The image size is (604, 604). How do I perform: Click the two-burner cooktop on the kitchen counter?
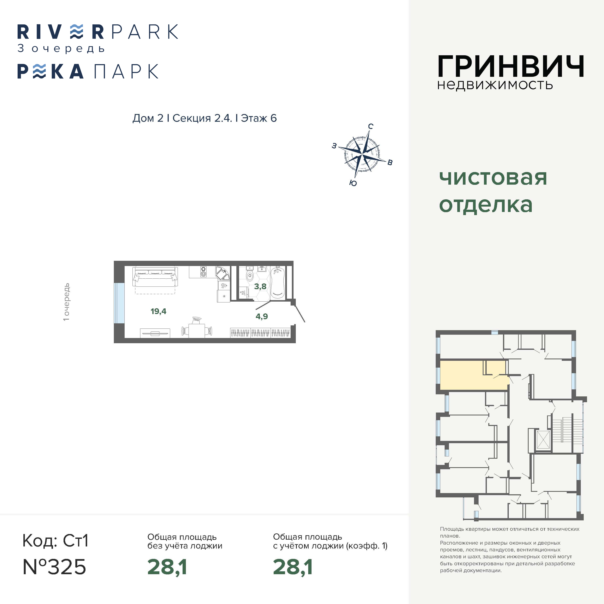[203, 271]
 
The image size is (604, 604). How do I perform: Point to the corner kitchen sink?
[222, 273]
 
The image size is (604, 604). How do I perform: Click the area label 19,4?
[159, 311]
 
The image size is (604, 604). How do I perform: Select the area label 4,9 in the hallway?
[262, 316]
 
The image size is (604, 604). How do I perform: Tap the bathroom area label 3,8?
[260, 286]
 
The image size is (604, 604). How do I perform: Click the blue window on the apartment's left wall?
[119, 303]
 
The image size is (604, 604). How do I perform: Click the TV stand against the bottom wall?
[155, 333]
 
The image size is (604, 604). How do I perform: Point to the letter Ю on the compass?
[353, 183]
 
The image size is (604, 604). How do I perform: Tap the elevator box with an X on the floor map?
[543, 440]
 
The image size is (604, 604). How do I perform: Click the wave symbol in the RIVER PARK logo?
[77, 32]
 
